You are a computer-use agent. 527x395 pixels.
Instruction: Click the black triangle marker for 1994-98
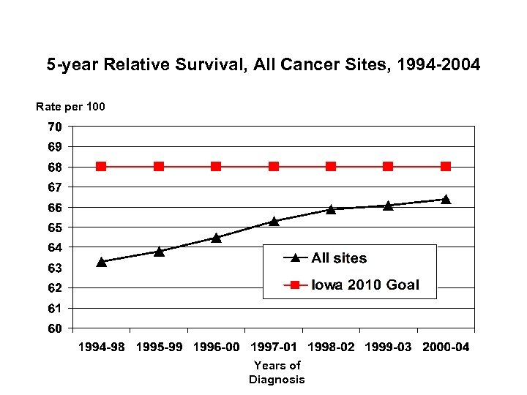[102, 261]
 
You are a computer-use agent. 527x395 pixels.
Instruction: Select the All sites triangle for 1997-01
[274, 221]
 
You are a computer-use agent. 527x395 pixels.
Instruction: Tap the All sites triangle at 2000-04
[446, 199]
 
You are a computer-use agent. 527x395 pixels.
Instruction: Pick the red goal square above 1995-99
[159, 167]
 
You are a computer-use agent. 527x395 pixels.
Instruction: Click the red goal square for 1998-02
[331, 167]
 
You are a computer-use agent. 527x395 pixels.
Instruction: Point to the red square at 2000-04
[446, 167]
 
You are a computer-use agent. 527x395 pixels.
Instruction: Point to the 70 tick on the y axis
[56, 127]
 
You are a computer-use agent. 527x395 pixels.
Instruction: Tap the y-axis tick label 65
[56, 227]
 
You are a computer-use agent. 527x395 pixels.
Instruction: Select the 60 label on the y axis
[56, 328]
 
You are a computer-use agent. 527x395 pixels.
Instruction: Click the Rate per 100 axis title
[70, 107]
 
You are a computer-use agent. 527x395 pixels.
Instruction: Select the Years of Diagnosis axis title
[277, 372]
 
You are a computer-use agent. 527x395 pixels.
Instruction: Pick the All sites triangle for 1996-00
[217, 237]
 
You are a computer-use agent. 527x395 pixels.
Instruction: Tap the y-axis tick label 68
[56, 167]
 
